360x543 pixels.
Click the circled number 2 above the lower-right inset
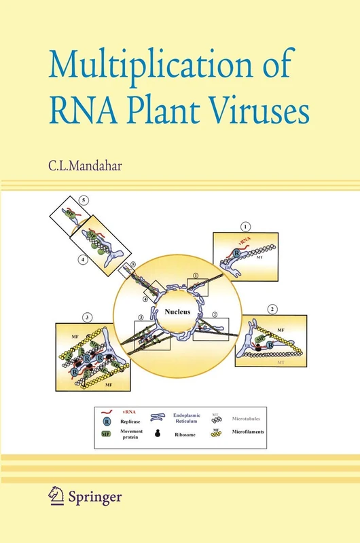[x=272, y=310]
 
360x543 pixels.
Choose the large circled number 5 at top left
[x=83, y=201]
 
